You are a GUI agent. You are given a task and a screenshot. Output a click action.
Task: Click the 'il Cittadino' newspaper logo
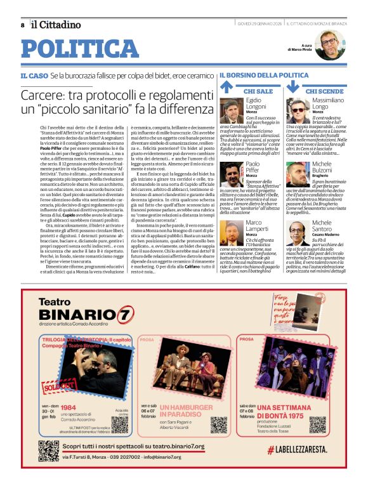pos(56,24)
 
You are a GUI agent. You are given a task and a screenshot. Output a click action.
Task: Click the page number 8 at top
pos(22,25)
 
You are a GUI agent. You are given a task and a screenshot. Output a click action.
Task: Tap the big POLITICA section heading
pos(79,49)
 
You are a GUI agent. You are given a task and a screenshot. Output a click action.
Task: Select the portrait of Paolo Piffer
pos(232,174)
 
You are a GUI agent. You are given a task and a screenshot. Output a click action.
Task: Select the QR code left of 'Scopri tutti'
pos(48,450)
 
